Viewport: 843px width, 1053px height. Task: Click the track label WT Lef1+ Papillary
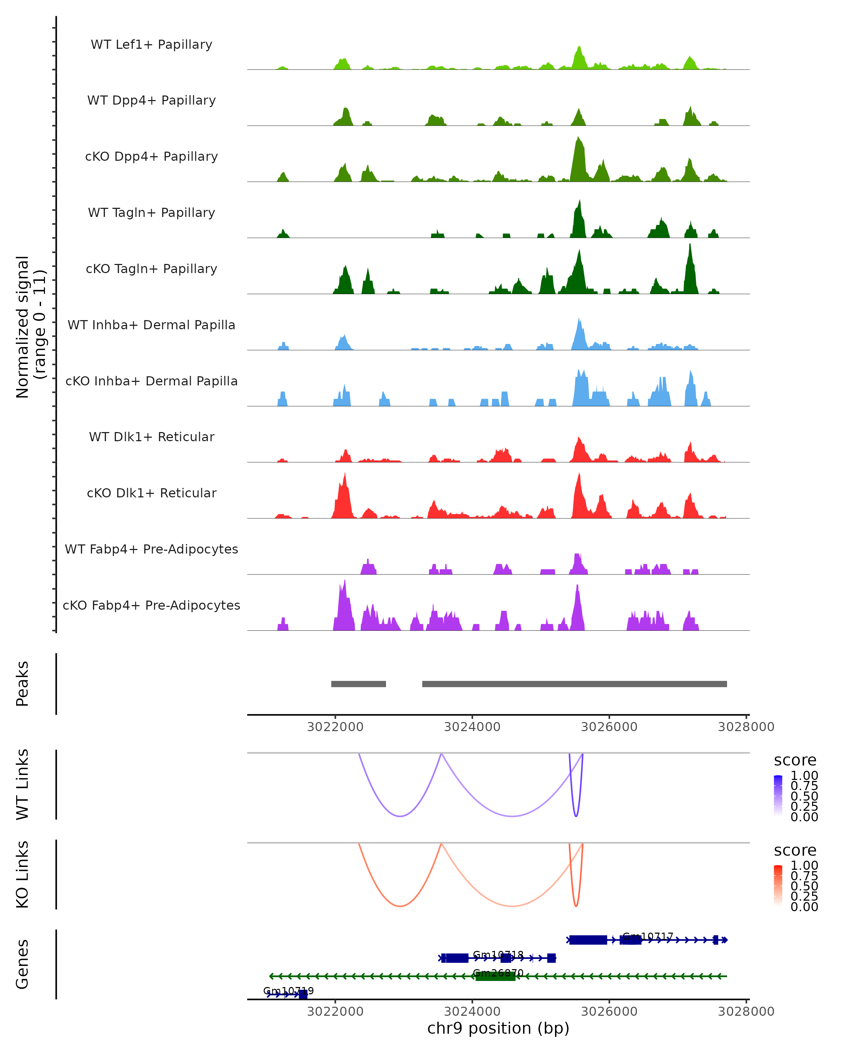pos(151,45)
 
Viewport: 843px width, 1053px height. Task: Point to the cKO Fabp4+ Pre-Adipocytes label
pos(151,605)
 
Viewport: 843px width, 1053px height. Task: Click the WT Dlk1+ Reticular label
pos(151,437)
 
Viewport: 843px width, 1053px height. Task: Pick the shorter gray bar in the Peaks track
pos(358,684)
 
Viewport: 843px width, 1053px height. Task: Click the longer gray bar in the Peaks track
pos(574,684)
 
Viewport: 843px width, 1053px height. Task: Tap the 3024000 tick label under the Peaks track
pos(472,727)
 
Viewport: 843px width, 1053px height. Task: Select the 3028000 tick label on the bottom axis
pos(746,1012)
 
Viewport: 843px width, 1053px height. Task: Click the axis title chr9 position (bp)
pos(498,1028)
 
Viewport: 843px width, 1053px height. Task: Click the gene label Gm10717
pos(647,936)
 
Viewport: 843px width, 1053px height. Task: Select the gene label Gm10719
pos(288,991)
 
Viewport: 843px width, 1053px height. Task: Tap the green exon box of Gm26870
pos(495,976)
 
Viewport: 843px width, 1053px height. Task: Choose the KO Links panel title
pos(22,874)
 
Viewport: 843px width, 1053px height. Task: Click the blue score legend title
pos(795,761)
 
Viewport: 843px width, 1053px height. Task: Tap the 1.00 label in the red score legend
pos(804,866)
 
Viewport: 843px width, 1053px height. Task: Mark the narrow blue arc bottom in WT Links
pos(576,816)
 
